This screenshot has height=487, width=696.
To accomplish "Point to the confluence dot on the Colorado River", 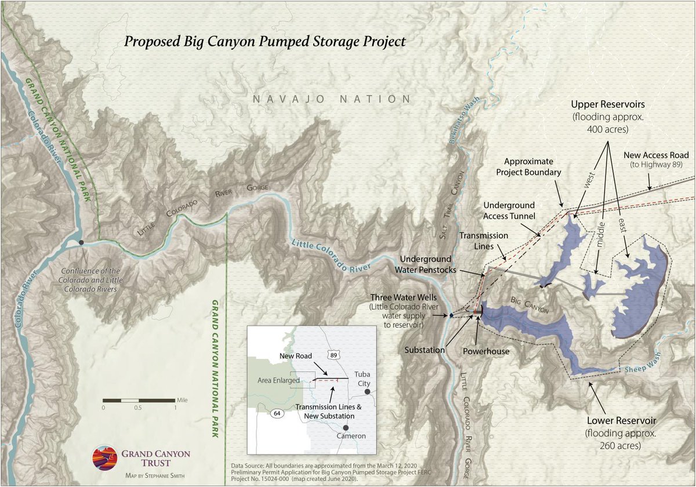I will coord(82,242).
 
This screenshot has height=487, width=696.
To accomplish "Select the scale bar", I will coord(139,400).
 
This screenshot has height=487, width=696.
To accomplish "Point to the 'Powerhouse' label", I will coord(486,351).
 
